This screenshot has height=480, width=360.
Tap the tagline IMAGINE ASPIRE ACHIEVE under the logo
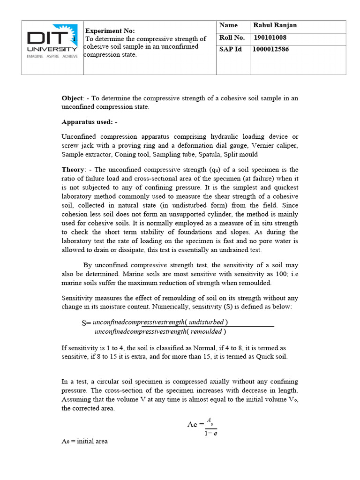[x=52, y=56]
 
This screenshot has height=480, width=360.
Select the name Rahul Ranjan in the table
[x=275, y=25]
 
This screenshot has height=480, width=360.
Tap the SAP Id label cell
[x=230, y=49]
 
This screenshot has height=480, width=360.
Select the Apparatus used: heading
[x=89, y=122]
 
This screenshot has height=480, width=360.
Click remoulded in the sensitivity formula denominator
[x=206, y=332]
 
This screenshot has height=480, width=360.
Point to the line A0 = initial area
[x=85, y=441]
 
